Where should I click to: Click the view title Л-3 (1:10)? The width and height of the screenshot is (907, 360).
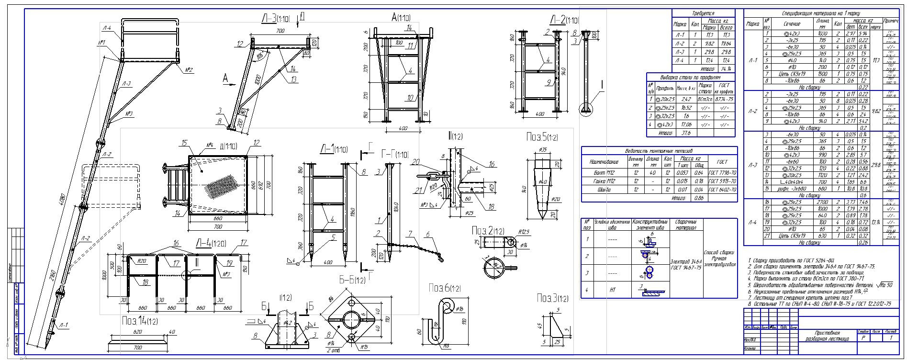click(275, 19)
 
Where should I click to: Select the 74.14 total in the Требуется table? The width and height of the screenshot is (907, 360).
click(727, 68)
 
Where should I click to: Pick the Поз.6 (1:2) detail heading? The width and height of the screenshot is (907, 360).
click(445, 288)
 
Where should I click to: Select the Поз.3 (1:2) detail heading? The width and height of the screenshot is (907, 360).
click(553, 299)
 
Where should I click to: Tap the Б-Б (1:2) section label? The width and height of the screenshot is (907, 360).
click(352, 280)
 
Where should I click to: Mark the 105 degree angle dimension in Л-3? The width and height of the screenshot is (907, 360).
click(259, 56)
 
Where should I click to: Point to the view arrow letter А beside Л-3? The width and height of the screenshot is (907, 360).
click(225, 80)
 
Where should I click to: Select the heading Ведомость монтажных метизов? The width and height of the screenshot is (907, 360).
click(659, 151)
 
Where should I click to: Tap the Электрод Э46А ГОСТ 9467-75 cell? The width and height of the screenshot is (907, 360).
click(686, 264)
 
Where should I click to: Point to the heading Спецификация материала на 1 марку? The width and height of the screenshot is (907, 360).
click(821, 13)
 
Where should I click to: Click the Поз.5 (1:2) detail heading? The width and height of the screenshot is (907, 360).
click(541, 137)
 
